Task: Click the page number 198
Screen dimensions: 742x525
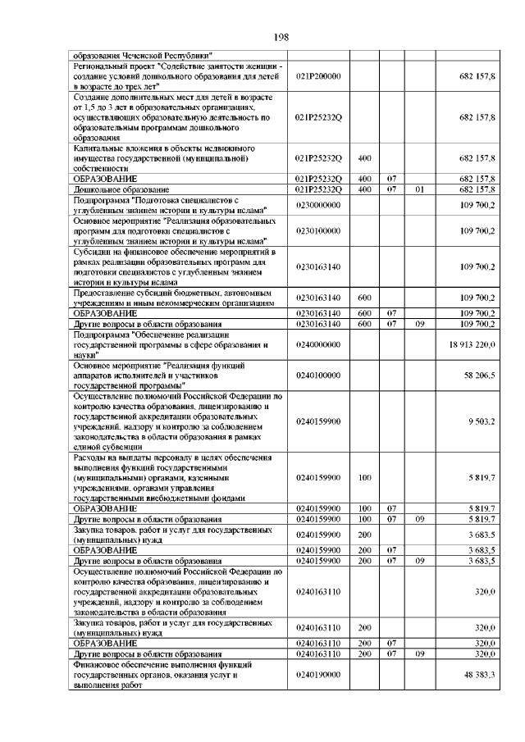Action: point(279,37)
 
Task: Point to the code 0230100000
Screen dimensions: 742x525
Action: point(319,231)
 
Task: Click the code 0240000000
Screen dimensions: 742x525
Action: point(319,346)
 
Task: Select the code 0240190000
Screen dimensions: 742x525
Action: point(319,676)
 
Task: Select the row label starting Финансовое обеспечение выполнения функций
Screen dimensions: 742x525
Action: point(155,667)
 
